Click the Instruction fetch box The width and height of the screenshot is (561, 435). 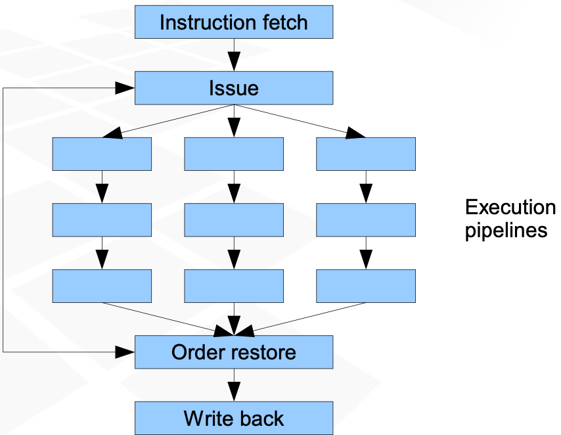pos(234,22)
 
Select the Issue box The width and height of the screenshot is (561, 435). pos(234,88)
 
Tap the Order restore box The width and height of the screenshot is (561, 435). pos(234,352)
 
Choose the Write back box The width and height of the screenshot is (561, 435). pos(234,418)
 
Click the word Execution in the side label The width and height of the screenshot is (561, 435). pos(510,208)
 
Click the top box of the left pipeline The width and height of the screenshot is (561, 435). pos(102,154)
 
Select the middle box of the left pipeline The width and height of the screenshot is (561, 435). pos(102,219)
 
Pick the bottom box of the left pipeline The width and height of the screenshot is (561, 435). pos(102,286)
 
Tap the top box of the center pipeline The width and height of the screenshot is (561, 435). pos(234,154)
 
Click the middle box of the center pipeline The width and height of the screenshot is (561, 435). pos(234,219)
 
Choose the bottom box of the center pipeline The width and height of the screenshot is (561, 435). pos(234,286)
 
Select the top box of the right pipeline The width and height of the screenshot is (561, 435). pos(366,154)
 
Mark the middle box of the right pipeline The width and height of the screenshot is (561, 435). pos(366,219)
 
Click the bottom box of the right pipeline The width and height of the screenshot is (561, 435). pos(366,286)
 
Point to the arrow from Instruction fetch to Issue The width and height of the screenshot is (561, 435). pos(234,55)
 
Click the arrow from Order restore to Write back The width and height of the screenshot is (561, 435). pos(234,385)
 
